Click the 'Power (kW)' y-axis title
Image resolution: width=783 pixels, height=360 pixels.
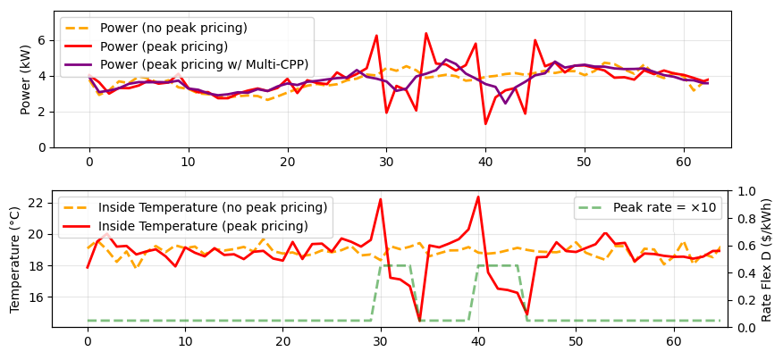(26, 80)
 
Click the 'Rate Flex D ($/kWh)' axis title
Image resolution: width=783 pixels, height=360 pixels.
(766, 259)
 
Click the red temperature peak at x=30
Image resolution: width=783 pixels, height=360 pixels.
(381, 199)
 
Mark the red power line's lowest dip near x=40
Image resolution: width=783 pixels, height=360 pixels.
(485, 123)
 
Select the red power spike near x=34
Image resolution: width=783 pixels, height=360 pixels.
(425, 33)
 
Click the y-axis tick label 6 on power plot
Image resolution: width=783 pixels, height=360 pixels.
(41, 41)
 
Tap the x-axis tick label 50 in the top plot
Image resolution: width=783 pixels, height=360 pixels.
(584, 162)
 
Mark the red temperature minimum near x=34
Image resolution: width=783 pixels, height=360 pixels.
(419, 320)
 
